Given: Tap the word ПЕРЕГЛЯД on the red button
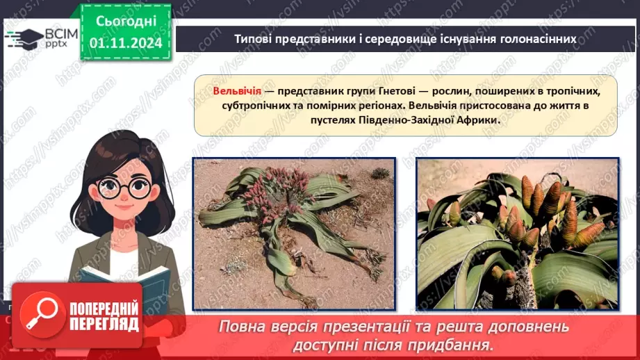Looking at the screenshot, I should tap(104, 324).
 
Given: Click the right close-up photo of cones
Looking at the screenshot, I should tap(517, 234).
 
